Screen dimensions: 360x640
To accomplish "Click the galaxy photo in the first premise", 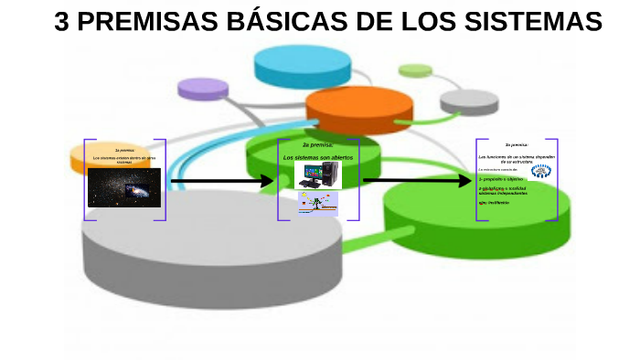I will pos(124,187).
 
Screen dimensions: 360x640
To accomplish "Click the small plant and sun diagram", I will pos(316,204).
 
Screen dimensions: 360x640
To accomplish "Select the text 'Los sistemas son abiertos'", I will pos(317,157).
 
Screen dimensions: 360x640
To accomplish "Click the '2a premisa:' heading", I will pos(317,145).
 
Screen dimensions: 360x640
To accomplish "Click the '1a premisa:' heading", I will pos(124,149).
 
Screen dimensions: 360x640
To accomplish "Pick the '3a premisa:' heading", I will pos(517,144).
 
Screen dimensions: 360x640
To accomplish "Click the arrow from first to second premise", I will pos(221,181).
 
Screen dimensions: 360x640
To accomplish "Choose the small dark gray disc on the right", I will pos(469,99).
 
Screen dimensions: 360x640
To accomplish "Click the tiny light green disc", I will pos(415,69).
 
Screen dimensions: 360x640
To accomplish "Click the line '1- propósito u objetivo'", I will pos(501,180).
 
